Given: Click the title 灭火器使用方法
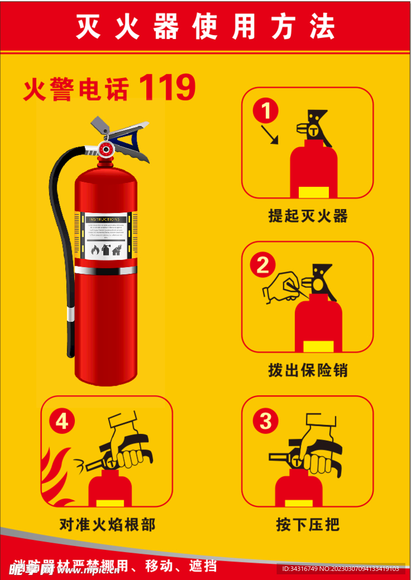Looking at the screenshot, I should click(205, 27).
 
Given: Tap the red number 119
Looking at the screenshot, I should click(167, 88).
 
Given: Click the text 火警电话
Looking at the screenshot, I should click(76, 89).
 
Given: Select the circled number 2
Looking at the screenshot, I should click(262, 265).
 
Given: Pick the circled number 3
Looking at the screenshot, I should click(265, 421).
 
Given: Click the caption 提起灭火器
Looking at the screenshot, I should click(307, 216).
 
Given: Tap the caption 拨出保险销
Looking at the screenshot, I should click(307, 370).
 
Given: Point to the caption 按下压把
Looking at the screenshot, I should click(307, 524).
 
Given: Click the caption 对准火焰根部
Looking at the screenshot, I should click(107, 524).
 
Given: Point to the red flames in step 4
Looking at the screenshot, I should click(57, 476).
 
